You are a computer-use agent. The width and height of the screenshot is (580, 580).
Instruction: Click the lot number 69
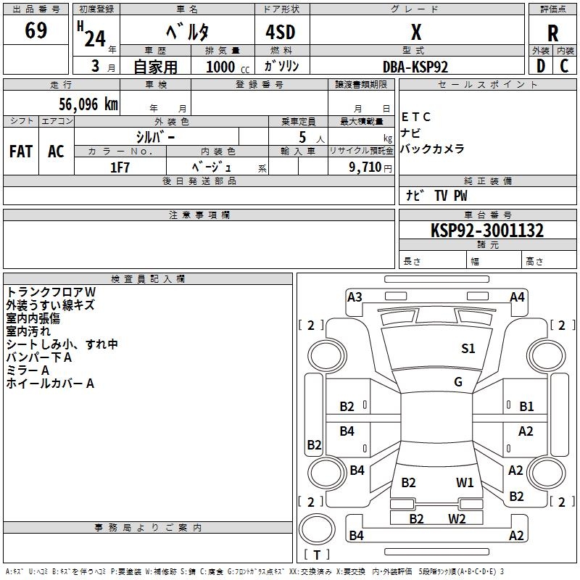coord(36,30)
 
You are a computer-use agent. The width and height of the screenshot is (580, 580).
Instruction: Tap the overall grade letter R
coord(552,33)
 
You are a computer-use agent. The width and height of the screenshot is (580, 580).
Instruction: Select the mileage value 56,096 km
coord(88,104)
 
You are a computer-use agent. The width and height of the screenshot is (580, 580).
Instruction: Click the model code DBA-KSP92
coord(415,67)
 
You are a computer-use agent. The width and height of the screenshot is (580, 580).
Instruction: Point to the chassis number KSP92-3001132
coord(487,231)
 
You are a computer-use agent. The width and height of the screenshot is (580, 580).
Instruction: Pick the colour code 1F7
coord(120,167)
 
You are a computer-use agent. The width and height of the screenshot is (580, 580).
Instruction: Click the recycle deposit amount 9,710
coord(365,167)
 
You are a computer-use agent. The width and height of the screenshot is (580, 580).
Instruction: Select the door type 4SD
coord(281,32)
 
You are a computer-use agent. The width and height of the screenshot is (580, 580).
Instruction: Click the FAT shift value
coord(21,152)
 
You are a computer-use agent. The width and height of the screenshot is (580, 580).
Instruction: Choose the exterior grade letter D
coord(540,66)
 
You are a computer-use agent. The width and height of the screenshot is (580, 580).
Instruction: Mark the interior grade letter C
coord(564,66)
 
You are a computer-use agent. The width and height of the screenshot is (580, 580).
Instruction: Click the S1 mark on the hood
coord(468,348)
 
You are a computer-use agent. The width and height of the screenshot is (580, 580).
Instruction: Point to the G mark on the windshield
coord(458,381)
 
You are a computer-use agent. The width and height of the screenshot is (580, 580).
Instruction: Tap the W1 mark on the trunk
coord(465,482)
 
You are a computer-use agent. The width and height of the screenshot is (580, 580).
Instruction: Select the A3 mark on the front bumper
coord(355,297)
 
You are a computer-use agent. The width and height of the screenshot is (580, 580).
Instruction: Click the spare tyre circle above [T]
coord(317,529)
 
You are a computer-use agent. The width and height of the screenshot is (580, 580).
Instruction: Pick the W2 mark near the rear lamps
coord(457,518)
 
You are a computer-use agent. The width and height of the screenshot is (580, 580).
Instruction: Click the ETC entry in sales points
coord(415,117)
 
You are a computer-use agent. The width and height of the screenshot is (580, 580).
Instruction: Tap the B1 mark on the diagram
coord(526,407)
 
